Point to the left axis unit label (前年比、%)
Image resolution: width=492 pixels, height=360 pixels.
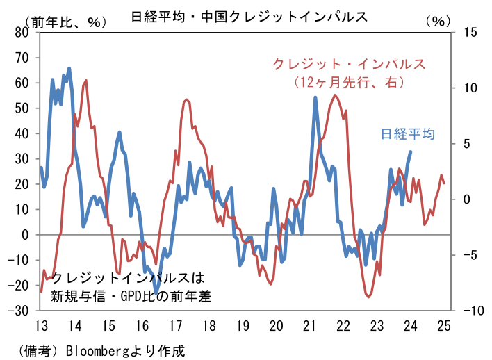[x=67, y=22]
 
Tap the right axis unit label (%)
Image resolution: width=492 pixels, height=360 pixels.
[x=438, y=21]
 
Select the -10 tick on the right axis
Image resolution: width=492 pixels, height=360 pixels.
[x=470, y=311]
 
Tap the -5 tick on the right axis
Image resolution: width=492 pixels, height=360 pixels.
[x=470, y=255]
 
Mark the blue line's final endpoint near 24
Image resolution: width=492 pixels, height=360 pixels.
[x=411, y=152]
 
